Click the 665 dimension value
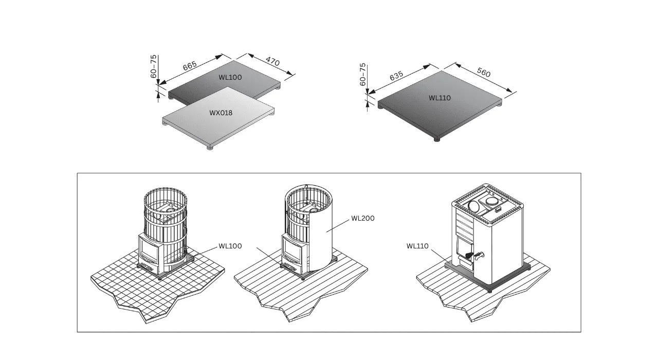190,66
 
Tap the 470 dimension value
272,61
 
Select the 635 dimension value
396,76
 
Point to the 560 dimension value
484,73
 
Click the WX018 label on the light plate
221,113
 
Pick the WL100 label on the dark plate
230,77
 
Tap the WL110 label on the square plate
440,98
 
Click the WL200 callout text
363,219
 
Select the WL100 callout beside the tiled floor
230,246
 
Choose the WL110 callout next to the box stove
417,246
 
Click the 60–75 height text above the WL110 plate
363,75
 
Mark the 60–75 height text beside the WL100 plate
153,66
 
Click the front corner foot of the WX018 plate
210,148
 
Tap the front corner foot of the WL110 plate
437,139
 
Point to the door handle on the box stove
478,256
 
